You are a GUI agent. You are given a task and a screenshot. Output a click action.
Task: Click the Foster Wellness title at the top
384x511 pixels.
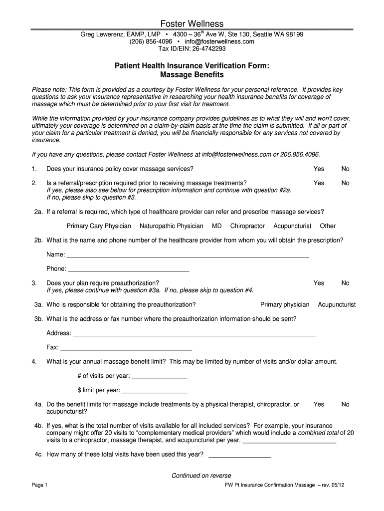pyautogui.click(x=192, y=24)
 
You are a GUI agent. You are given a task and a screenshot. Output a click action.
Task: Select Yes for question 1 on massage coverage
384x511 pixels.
pyautogui.click(x=318, y=169)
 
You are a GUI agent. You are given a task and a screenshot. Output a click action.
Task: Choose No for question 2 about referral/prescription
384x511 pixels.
pyautogui.click(x=345, y=183)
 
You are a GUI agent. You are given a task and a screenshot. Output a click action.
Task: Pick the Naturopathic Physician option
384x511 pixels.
pyautogui.click(x=171, y=226)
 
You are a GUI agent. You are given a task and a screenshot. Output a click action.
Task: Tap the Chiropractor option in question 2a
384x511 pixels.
pyautogui.click(x=247, y=226)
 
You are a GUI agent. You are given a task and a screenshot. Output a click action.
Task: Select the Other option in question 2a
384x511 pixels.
pyautogui.click(x=328, y=226)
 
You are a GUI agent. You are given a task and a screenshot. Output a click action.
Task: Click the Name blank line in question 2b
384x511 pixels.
pyautogui.click(x=188, y=256)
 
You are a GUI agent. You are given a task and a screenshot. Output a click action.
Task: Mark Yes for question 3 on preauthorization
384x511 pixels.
pyautogui.click(x=318, y=283)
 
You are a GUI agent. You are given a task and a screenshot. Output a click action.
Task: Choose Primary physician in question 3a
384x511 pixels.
pyautogui.click(x=285, y=304)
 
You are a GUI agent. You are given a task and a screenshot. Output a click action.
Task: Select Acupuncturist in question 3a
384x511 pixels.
pyautogui.click(x=337, y=304)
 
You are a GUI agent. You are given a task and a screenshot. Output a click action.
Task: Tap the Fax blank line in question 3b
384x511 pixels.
pyautogui.click(x=126, y=348)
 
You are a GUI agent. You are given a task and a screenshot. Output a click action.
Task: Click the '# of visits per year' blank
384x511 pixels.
pyautogui.click(x=159, y=377)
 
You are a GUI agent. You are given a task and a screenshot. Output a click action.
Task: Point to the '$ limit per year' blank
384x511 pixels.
pyautogui.click(x=155, y=390)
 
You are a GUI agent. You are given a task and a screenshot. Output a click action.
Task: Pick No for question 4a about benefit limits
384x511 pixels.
pyautogui.click(x=345, y=404)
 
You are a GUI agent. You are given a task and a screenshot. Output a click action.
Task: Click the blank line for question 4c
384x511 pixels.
pyautogui.click(x=239, y=455)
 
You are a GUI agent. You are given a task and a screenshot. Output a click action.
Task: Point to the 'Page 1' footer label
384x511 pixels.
pyautogui.click(x=39, y=485)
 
